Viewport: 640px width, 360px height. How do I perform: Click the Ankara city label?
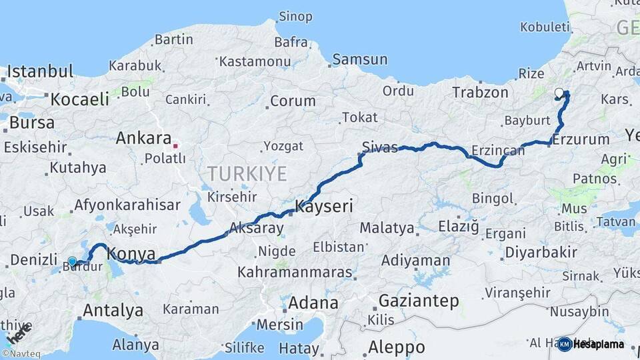143,138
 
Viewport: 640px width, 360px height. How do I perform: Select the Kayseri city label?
324,206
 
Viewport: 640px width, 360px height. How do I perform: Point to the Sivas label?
379,147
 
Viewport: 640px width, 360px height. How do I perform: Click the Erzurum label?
581,139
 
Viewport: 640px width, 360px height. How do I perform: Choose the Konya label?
131,253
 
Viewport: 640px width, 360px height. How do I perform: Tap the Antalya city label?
113,310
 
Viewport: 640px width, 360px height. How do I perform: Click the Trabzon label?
480,92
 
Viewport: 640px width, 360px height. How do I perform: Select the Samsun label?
360,59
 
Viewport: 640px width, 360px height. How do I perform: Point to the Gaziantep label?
419,301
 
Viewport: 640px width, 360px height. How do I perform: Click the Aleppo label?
397,347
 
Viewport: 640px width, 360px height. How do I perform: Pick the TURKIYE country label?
247,174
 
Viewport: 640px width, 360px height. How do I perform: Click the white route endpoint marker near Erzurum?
559,93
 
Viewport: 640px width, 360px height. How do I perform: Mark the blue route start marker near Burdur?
72,261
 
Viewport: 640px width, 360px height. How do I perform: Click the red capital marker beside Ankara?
175,145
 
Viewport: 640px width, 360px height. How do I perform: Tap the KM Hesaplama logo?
591,344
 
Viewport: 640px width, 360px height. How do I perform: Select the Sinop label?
295,16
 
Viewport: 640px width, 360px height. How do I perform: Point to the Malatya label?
387,228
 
